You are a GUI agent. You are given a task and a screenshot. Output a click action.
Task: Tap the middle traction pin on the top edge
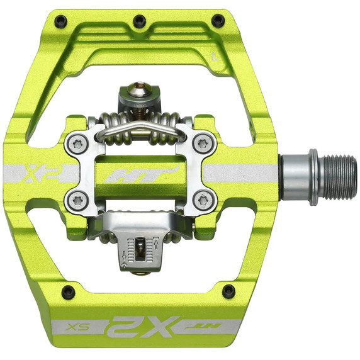pos(140,21)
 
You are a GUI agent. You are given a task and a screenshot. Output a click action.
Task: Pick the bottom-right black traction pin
pos(229,291)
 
